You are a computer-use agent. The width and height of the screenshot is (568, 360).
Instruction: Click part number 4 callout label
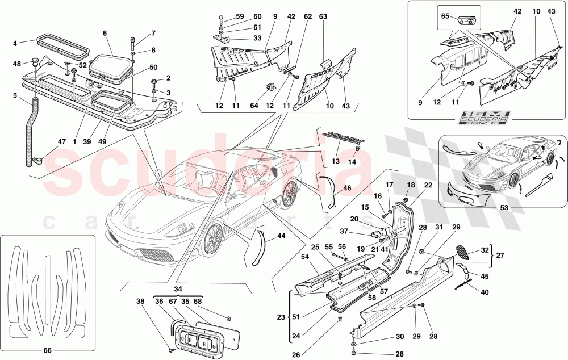point(15,42)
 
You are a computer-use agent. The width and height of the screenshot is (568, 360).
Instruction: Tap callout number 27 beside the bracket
point(500,256)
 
